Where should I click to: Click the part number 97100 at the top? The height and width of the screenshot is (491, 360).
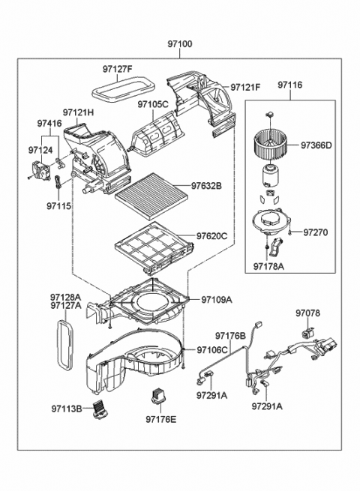coord(180,44)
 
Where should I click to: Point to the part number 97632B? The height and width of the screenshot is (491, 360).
coord(207,184)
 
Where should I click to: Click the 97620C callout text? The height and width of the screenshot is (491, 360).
coord(208,236)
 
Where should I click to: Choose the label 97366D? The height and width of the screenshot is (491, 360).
coord(317,145)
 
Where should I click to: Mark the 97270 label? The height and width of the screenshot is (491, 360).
coord(316,232)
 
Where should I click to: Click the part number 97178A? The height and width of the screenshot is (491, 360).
coord(268,265)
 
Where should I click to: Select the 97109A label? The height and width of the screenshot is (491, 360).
coord(217,300)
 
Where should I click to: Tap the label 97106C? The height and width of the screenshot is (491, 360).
coord(214,350)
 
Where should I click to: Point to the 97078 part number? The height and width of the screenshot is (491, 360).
coord(307,313)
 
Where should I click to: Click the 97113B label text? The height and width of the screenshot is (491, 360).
coord(67,409)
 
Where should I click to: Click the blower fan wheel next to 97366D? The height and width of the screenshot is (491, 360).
coord(274,142)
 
